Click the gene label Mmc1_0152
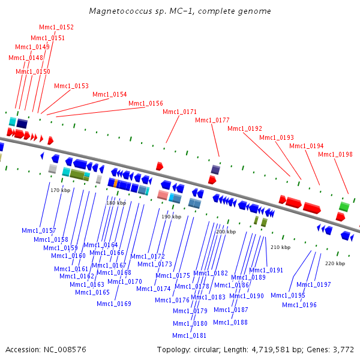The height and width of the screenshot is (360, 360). click(56, 28)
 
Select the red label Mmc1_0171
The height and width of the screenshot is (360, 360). click(179, 112)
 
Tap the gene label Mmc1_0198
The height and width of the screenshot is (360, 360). click(335, 155)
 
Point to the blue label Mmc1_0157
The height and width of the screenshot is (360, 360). click(38, 231)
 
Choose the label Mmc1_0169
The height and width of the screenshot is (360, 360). click(114, 304)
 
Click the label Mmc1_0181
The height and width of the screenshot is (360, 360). click(190, 335)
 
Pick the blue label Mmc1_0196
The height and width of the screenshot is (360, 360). click(299, 305)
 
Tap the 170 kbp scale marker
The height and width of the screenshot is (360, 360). click(60, 190)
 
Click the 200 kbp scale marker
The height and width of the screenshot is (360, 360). click(226, 232)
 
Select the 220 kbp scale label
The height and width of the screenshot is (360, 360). click(335, 263)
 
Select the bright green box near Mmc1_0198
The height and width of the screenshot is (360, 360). click(344, 206)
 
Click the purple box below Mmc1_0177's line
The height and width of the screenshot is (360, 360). click(215, 170)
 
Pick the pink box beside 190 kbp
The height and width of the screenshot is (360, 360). click(163, 195)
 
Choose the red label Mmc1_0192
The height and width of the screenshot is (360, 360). click(245, 128)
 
